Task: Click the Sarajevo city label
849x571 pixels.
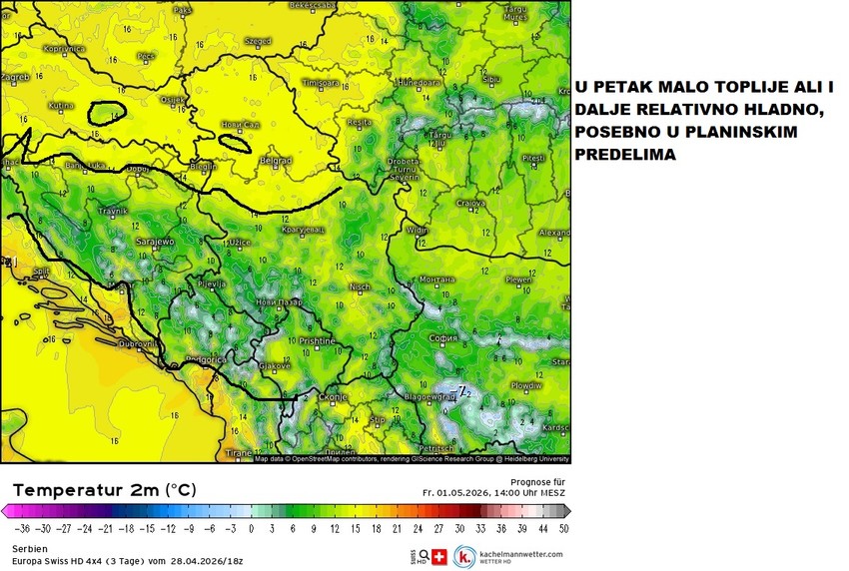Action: coord(156,242)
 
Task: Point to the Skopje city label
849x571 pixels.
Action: coord(334,397)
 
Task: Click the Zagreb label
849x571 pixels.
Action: coord(16,77)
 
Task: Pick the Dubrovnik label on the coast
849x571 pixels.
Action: coord(136,343)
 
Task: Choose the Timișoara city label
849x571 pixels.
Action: coord(322,82)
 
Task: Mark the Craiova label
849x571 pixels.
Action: coord(470,203)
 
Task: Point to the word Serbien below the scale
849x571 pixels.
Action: coord(28,549)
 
